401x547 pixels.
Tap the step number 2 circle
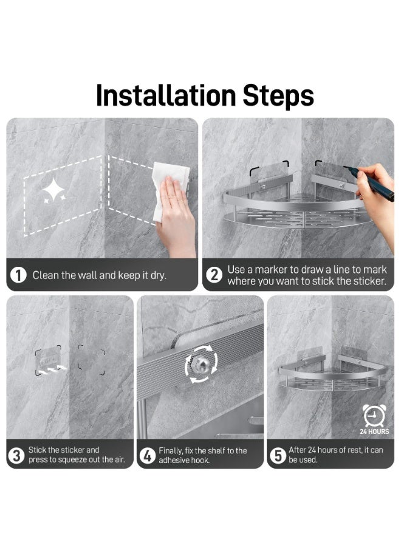(x=214, y=275)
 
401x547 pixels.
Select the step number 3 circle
(x=17, y=455)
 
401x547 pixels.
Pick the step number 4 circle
(x=148, y=455)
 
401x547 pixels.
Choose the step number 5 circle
(x=278, y=455)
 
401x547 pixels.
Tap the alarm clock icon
(x=374, y=416)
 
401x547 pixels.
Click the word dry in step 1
(x=157, y=275)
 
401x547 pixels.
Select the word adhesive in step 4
(x=176, y=461)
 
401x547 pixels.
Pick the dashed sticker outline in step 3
(x=91, y=359)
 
